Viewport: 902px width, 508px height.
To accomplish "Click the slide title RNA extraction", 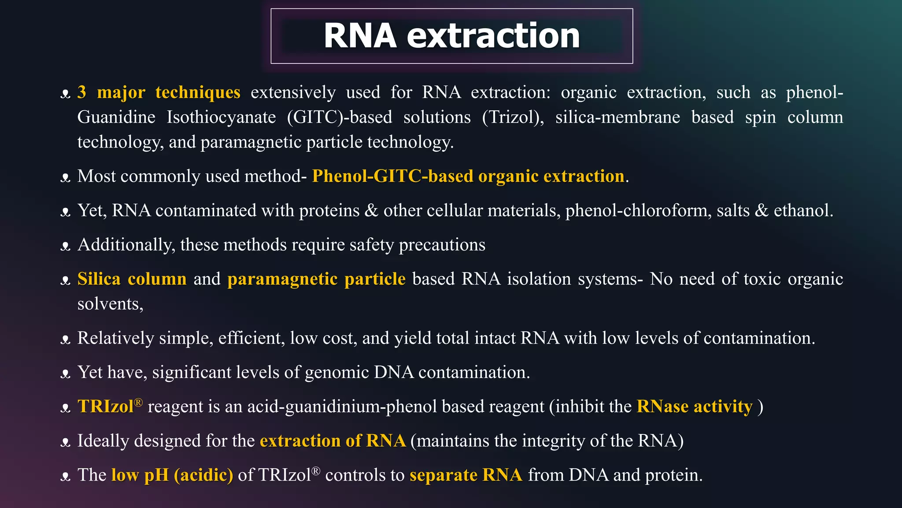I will point(451,36).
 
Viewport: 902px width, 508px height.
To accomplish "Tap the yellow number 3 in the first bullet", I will point(81,92).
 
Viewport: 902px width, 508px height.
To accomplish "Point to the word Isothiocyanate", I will point(221,117).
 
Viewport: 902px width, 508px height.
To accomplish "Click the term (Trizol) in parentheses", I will point(513,117).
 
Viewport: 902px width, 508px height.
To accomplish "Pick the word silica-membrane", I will point(617,117).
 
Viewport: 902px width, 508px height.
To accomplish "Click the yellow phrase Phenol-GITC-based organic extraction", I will point(468,176).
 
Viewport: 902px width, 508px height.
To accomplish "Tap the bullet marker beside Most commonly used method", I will point(66,178).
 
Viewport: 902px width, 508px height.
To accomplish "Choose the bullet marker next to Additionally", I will point(66,246).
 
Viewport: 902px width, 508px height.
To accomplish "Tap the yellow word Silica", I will point(99,279).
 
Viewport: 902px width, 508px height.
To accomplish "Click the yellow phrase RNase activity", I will point(695,406).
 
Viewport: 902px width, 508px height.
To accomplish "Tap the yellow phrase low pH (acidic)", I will point(172,475).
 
